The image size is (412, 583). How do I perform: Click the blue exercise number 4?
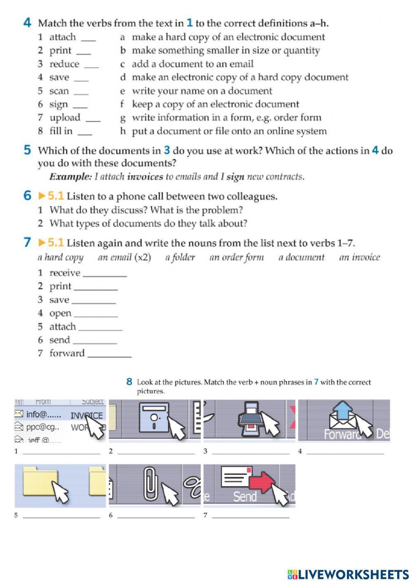28,23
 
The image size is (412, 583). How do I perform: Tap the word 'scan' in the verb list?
59,91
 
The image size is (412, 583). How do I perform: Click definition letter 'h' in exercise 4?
123,131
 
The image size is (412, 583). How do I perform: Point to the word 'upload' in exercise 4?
65,118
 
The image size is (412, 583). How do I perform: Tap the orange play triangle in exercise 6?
42,196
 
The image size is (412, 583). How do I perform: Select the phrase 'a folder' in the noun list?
180,257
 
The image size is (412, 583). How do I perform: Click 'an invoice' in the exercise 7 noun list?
359,257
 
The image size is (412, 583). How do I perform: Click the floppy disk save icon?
154,418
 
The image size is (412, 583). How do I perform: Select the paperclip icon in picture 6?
149,483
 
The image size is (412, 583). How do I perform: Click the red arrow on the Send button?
263,482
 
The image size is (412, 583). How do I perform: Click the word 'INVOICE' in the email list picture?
87,415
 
